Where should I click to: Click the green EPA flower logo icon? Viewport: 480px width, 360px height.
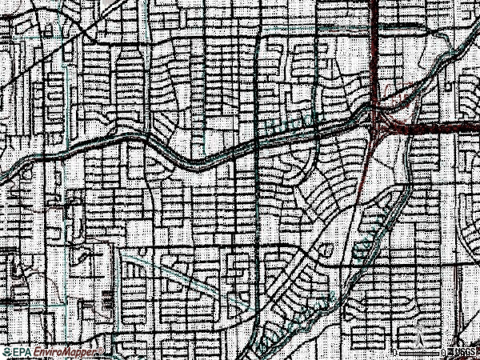pyautogui.click(x=6, y=352)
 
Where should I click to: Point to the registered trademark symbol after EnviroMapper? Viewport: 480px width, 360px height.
pyautogui.click(x=99, y=350)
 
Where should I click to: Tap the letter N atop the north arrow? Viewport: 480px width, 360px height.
pyautogui.click(x=419, y=322)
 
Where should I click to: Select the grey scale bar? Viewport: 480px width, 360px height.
pyautogui.click(x=421, y=352)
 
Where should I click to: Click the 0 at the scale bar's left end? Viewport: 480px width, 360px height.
pyautogui.click(x=395, y=352)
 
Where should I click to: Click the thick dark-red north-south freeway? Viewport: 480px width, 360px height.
pyautogui.click(x=375, y=48)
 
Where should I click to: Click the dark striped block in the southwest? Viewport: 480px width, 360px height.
pyautogui.click(x=108, y=304)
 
